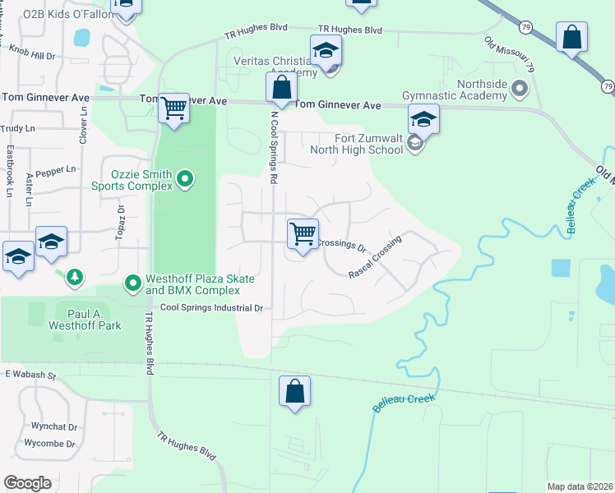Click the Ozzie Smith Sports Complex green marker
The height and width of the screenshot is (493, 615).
click(x=185, y=178)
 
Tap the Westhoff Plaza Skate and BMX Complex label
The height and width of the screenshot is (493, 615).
click(x=200, y=284)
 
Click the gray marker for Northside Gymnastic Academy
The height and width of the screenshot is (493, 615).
click(x=518, y=87)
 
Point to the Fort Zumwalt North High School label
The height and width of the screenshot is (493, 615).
click(x=357, y=144)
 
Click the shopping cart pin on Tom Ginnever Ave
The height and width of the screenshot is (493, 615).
click(x=174, y=108)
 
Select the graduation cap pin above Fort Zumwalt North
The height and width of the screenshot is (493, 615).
click(x=423, y=120)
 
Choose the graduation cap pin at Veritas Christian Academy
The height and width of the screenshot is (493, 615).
click(x=326, y=51)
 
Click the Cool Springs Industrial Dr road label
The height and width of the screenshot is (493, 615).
click(x=210, y=308)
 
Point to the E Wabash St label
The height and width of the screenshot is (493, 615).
click(x=29, y=375)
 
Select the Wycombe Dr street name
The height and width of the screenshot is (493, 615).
click(x=50, y=444)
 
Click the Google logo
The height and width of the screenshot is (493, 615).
click(x=27, y=483)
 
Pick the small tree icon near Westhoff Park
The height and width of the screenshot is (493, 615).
click(x=75, y=278)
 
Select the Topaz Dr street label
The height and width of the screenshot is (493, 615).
click(x=120, y=222)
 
